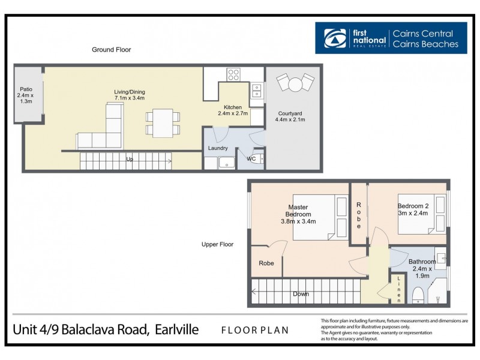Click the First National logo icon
[x=335, y=38]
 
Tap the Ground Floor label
[x=111, y=50]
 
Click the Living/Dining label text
[x=130, y=95]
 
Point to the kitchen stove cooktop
[x=233, y=75]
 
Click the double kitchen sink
[x=256, y=91]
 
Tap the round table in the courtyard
[x=295, y=85]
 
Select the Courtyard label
[x=290, y=116]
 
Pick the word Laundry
[x=217, y=148]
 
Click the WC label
[x=251, y=159]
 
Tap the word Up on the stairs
[x=130, y=160]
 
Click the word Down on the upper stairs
[x=301, y=294]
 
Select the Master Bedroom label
[x=298, y=214]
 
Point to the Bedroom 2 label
[x=413, y=209]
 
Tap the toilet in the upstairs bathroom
[x=418, y=295]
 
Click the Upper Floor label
[x=217, y=244]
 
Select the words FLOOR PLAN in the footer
[x=254, y=329]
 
